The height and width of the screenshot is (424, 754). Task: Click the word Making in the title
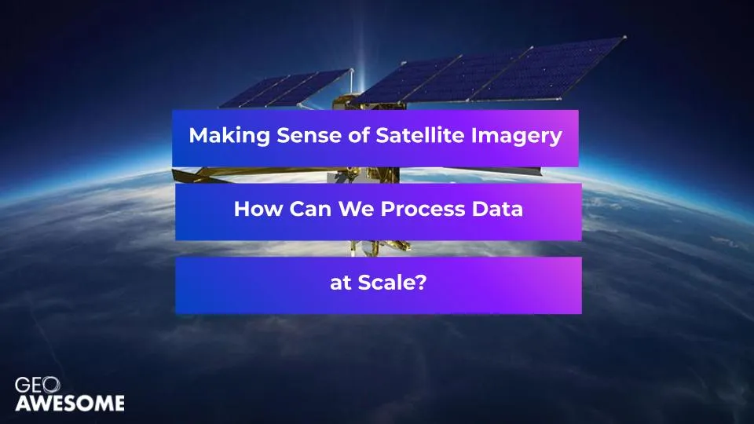pos(229,136)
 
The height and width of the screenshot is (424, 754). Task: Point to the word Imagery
pos(517,137)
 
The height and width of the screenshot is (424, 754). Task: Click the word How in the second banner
pos(258,209)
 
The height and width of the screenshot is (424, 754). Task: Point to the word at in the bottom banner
pos(340,283)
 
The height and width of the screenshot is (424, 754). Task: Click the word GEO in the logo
pos(38,385)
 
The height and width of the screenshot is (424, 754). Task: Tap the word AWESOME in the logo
pos(70,404)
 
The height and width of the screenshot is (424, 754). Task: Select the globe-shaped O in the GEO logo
pos(51,385)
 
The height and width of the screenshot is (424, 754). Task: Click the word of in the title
pos(359,136)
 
